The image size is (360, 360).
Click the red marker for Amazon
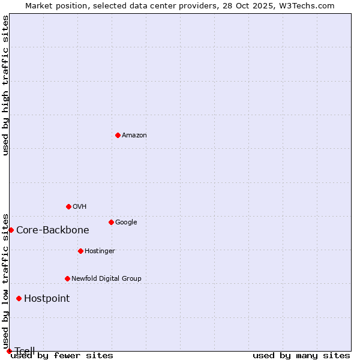[118, 135]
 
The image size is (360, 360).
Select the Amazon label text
[134, 136]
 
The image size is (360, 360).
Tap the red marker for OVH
[68, 206]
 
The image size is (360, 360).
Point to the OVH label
[80, 207]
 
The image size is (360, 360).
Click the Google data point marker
[111, 222]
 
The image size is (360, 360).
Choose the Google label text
[126, 223]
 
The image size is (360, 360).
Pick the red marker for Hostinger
[80, 251]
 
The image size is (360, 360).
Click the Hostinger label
[100, 251]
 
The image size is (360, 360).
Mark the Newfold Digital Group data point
[67, 278]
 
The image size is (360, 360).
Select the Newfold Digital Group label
[106, 279]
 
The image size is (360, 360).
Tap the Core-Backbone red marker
[11, 230]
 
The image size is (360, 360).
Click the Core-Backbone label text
[53, 230]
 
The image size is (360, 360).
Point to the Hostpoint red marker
[19, 298]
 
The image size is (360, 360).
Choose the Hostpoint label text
[47, 299]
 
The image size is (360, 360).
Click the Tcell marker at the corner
[9, 351]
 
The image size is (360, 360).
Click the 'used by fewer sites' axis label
[62, 355]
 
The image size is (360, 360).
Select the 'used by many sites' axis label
[301, 355]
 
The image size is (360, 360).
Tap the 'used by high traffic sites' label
[6, 85]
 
